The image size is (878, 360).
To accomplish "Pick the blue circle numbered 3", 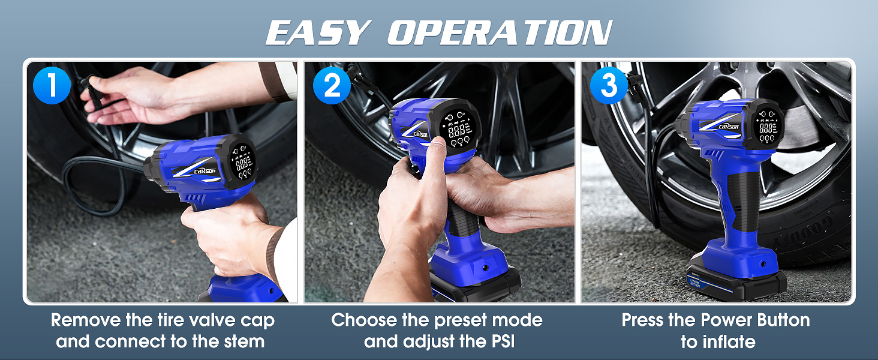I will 609,86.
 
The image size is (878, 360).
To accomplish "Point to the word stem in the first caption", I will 243,342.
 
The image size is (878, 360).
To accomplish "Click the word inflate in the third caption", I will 726,342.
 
